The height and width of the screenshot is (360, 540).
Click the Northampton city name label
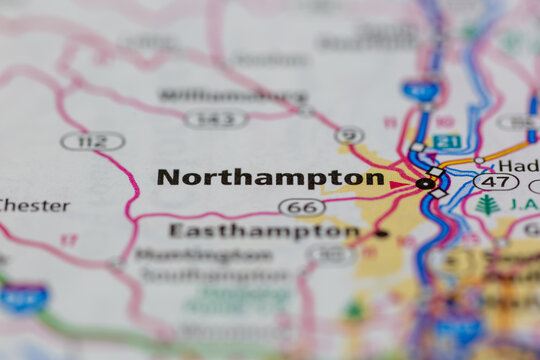coord(270,178)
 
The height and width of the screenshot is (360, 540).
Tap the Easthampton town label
coord(264,231)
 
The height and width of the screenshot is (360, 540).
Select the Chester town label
coord(34,205)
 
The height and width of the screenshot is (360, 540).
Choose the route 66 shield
coord(302,207)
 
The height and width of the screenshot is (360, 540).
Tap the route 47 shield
coord(496,182)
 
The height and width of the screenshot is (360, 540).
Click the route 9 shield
coord(349,135)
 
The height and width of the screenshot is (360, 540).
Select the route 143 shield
coord(216,118)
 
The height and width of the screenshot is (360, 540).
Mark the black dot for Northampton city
coord(425,183)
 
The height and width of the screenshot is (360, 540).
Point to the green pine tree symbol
coord(488,205)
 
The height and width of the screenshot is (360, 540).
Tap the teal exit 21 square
coord(447,141)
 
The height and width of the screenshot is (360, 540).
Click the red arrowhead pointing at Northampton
coord(401,185)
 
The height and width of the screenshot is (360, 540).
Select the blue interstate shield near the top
coord(421,91)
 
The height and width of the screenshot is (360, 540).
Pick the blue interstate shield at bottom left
coord(23,296)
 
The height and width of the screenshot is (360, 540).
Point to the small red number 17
coord(68,240)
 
